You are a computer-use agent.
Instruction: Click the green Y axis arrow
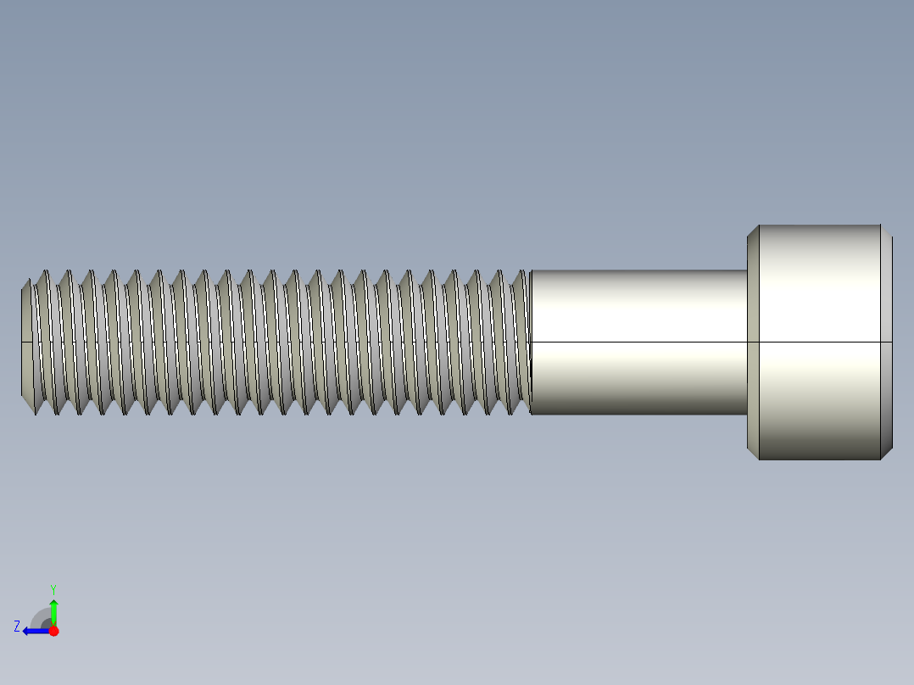[x=53, y=610]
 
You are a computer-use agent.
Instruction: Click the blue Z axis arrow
[x=34, y=631]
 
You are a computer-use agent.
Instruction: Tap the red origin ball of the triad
[x=53, y=631]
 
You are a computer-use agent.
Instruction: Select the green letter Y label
[x=53, y=588]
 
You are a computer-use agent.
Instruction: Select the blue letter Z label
[x=17, y=627]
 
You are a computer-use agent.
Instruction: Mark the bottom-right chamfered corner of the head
[x=886, y=454]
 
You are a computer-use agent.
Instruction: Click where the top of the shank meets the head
[x=747, y=270]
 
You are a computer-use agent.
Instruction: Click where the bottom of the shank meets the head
[x=747, y=414]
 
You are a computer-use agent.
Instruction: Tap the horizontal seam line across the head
[x=818, y=342]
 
